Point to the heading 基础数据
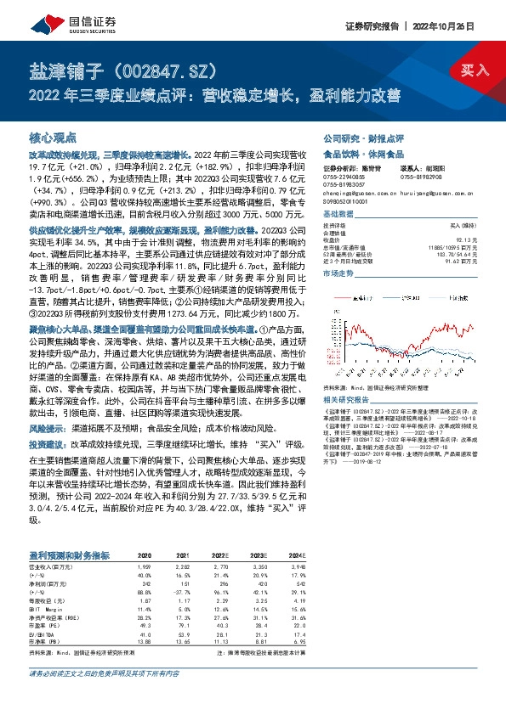click(338, 214)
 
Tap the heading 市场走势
click(338, 274)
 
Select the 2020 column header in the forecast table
click(145, 555)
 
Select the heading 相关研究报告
click(348, 398)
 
